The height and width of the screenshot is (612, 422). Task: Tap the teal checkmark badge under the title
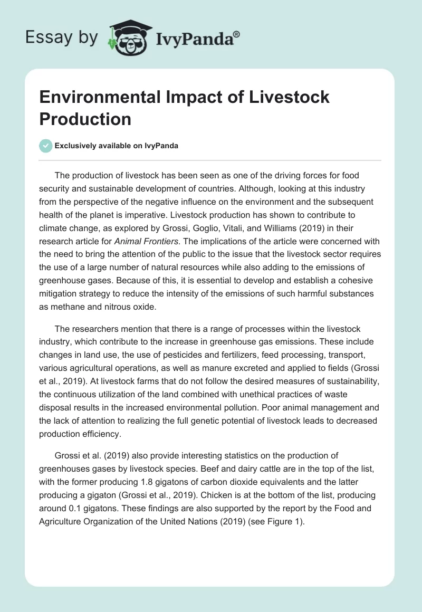tap(46, 146)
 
